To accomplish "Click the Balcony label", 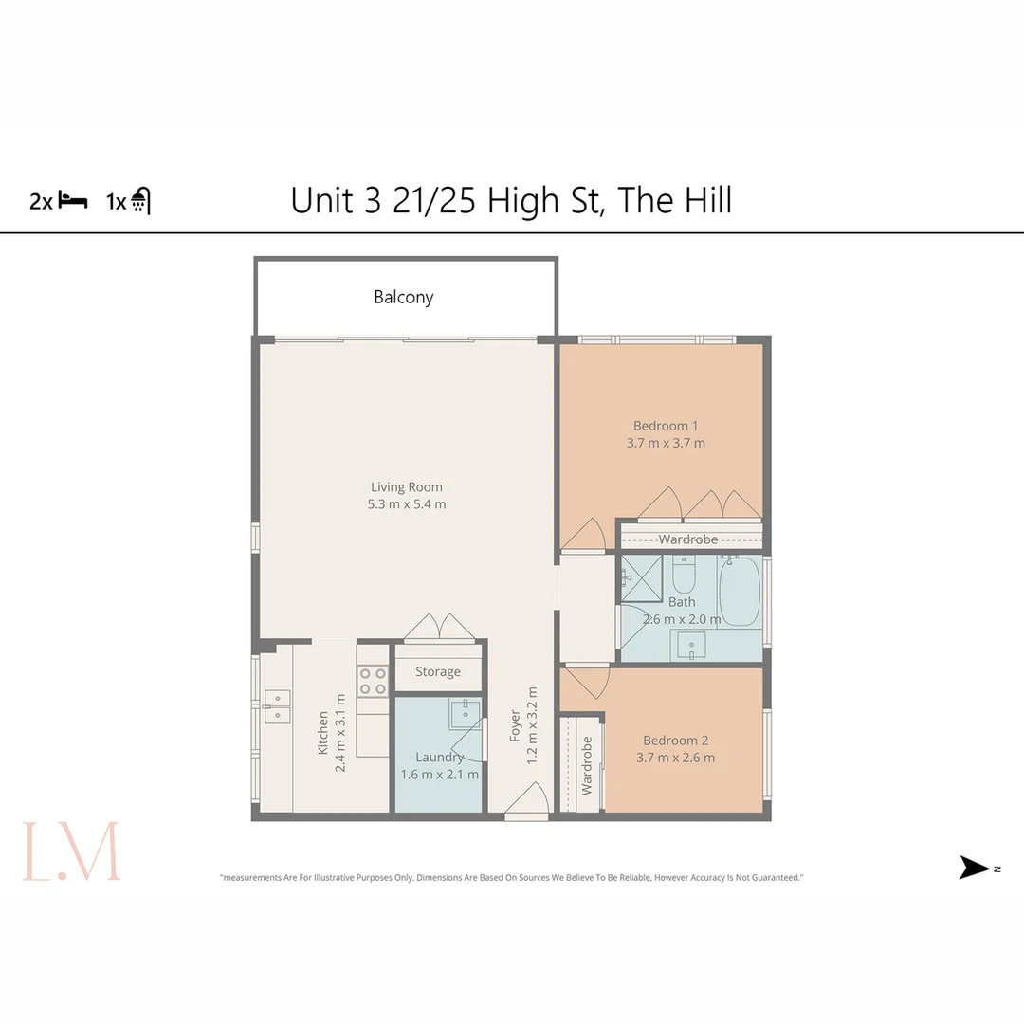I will coord(404,298).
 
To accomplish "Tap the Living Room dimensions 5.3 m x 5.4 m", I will coord(407,504).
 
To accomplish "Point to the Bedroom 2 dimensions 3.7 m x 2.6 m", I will coord(676,758).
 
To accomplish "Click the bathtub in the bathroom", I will coord(741,592).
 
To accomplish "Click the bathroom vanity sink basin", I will coord(692,648).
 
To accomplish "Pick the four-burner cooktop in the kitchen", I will coord(372,681).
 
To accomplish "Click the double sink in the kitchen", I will coord(277,706).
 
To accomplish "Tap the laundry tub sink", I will coord(465,713).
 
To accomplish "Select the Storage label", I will coord(438,672).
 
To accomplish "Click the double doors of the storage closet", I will coord(439,628).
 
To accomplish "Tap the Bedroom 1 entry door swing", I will coord(584,536).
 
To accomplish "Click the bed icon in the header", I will coord(73,200).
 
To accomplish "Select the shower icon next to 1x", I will coord(140,201).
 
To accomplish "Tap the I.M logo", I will coord(72,850).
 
